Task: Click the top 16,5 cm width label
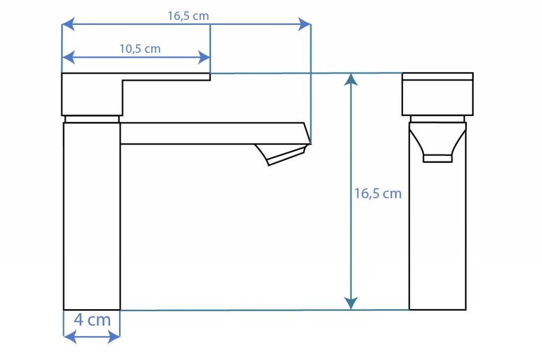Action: [188, 16]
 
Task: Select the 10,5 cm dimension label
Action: [140, 49]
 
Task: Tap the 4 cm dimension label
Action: [92, 320]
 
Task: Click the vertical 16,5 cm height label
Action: [378, 193]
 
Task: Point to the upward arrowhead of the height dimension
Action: [351, 79]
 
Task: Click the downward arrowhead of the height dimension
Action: [351, 303]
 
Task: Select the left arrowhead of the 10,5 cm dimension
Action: [68, 57]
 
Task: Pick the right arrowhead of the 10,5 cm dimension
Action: [204, 57]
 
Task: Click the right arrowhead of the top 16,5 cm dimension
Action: [304, 24]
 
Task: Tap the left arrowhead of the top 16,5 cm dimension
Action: [68, 24]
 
